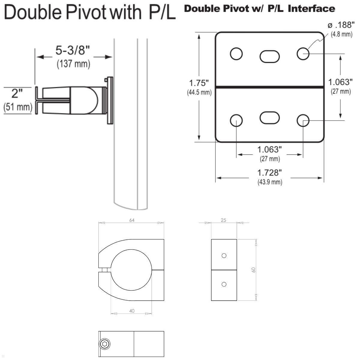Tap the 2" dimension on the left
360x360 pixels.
(17, 94)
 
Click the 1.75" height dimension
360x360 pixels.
(199, 83)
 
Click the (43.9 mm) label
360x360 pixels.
(270, 182)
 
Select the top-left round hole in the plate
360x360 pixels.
(236, 54)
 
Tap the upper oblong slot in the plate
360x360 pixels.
(269, 56)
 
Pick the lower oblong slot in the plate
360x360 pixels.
(269, 118)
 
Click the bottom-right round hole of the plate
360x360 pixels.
(303, 120)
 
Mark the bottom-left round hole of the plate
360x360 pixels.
(236, 120)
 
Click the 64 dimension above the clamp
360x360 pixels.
(132, 220)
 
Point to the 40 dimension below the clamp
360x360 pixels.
(132, 311)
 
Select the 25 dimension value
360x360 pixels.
(223, 220)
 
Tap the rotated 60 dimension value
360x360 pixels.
(253, 269)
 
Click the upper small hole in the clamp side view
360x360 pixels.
(223, 256)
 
